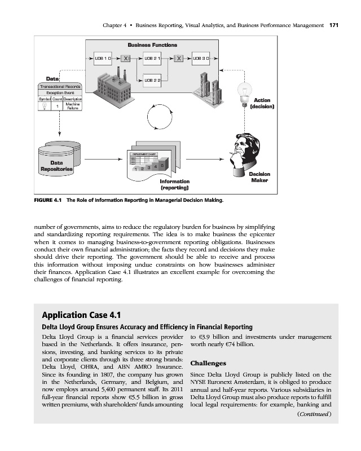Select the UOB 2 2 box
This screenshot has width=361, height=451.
click(153, 81)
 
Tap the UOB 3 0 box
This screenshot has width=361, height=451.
click(201, 58)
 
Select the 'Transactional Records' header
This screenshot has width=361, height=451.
click(59, 86)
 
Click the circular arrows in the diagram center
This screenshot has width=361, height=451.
click(157, 119)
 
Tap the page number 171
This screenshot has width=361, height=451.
click(333, 25)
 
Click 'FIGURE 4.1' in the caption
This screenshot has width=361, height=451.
click(50, 200)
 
